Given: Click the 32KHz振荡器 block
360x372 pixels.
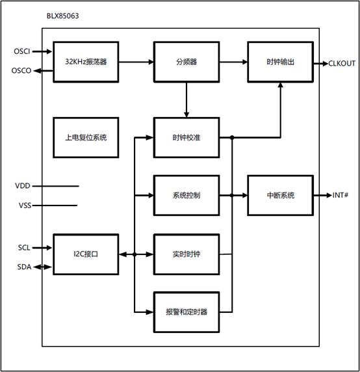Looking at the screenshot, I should point(86,62).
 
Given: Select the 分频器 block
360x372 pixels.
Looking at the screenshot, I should point(186,62).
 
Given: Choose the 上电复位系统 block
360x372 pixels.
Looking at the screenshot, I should point(86,137).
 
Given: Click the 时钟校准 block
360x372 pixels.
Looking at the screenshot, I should point(186,137).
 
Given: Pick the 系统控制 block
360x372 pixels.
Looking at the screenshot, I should point(186,195).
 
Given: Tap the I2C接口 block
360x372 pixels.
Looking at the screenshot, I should point(86,254).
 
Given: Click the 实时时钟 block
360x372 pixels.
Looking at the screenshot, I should point(186,254).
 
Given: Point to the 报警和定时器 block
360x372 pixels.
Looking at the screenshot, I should point(186,312).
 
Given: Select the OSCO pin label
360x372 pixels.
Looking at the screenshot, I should point(22,71).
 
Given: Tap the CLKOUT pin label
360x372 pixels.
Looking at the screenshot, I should point(342,64).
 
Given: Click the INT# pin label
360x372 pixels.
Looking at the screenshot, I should point(341,195).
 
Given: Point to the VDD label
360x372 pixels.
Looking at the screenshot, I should point(22,186).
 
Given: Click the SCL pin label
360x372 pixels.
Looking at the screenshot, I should point(23,247).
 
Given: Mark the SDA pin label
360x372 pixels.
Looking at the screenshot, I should point(23,267).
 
